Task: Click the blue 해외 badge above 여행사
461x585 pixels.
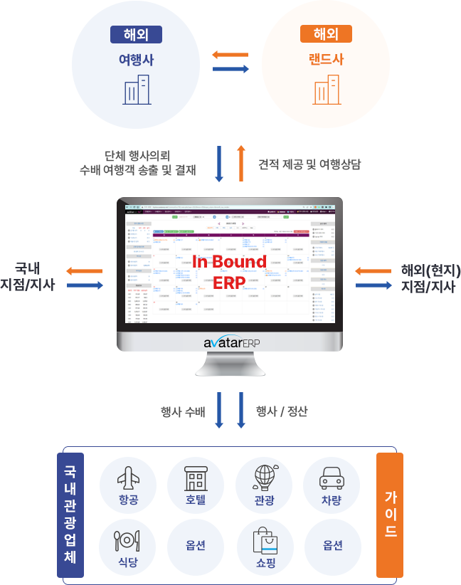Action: (x=136, y=34)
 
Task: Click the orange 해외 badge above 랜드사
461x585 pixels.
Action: (x=326, y=34)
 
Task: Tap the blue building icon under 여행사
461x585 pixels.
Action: (x=136, y=90)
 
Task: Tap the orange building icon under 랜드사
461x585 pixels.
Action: (x=326, y=90)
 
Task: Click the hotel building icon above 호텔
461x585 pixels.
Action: (x=196, y=478)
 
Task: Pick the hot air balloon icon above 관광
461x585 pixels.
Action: (x=264, y=476)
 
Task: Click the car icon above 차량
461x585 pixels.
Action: (x=332, y=478)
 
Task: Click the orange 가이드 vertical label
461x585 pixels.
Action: (x=390, y=514)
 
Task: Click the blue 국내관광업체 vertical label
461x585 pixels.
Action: (x=70, y=514)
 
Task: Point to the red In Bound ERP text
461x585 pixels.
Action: (x=229, y=271)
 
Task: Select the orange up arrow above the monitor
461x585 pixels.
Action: (x=241, y=163)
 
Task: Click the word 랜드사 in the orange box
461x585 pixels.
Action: (x=326, y=60)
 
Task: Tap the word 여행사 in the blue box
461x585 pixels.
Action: (x=136, y=60)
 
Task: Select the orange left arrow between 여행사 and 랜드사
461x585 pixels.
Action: (x=230, y=55)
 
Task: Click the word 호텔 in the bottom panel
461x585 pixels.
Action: (x=196, y=500)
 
